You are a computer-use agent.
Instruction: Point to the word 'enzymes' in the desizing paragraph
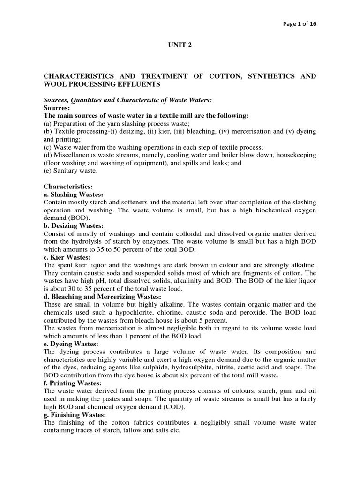(x=171, y=241)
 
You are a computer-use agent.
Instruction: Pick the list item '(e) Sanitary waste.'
(x=69, y=171)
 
